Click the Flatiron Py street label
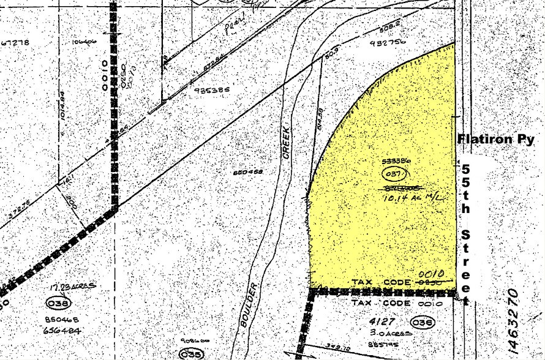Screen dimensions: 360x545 496,140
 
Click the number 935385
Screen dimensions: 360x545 211,89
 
